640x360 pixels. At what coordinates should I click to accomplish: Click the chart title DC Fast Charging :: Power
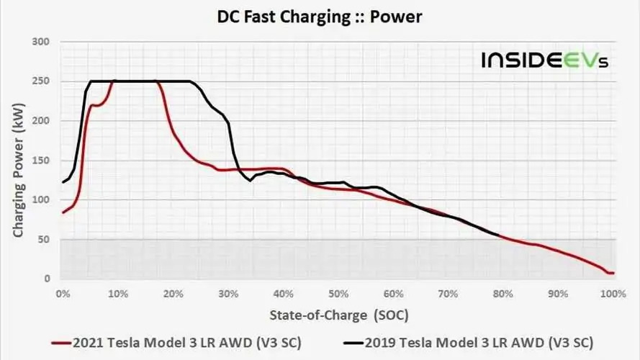(320, 16)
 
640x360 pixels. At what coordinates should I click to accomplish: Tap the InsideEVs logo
(545, 60)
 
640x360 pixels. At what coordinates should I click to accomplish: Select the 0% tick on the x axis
(63, 294)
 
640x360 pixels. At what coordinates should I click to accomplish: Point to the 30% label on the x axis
(228, 294)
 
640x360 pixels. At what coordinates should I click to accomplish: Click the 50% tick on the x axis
(338, 294)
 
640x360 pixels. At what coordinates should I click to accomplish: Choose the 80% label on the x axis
(503, 294)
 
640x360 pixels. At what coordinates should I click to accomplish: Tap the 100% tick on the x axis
(612, 294)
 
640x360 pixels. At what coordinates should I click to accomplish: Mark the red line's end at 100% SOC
(613, 273)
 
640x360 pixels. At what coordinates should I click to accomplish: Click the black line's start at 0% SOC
(63, 182)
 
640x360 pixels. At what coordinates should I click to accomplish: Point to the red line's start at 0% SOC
(63, 212)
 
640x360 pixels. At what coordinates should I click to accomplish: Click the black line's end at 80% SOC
(499, 235)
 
